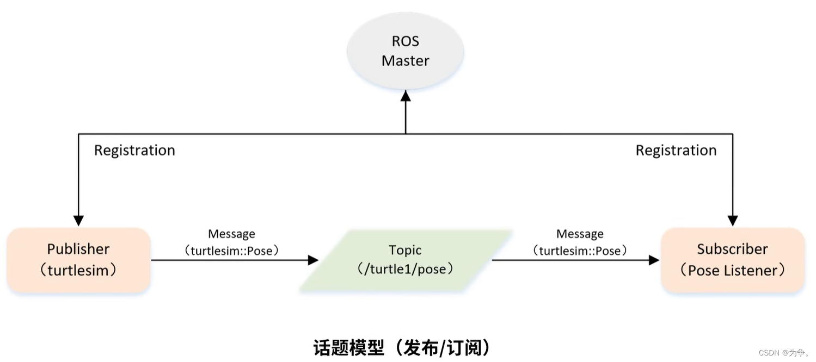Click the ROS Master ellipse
point(405,51)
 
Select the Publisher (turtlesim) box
point(78,260)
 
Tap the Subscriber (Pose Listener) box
point(733,260)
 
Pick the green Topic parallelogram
point(405,260)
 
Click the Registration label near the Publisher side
point(135,150)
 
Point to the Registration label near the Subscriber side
point(676,150)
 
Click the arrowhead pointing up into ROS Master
point(406,96)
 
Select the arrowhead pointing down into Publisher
point(79,221)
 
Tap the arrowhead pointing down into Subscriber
point(733,221)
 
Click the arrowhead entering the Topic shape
point(314,260)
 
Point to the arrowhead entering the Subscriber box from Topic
point(654,260)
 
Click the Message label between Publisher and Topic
point(232,234)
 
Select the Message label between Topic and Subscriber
point(580,234)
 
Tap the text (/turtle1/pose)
point(405,269)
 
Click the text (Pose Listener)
point(733,270)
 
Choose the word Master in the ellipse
point(406,61)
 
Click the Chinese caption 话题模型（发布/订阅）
point(402,347)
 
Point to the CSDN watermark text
point(784,353)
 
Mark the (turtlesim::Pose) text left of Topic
point(232,251)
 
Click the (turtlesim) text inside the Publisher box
point(78,270)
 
